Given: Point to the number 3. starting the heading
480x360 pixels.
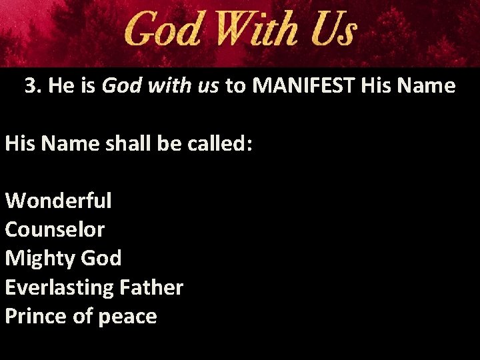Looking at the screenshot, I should (x=33, y=86).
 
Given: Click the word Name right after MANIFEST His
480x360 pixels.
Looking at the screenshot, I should (x=426, y=86).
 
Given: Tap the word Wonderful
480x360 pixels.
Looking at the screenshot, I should (x=58, y=200).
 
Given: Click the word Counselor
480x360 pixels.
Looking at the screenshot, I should (x=55, y=229).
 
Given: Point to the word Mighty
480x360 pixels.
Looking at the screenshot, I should (x=39, y=259).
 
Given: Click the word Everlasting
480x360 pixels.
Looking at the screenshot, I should (x=59, y=288).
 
